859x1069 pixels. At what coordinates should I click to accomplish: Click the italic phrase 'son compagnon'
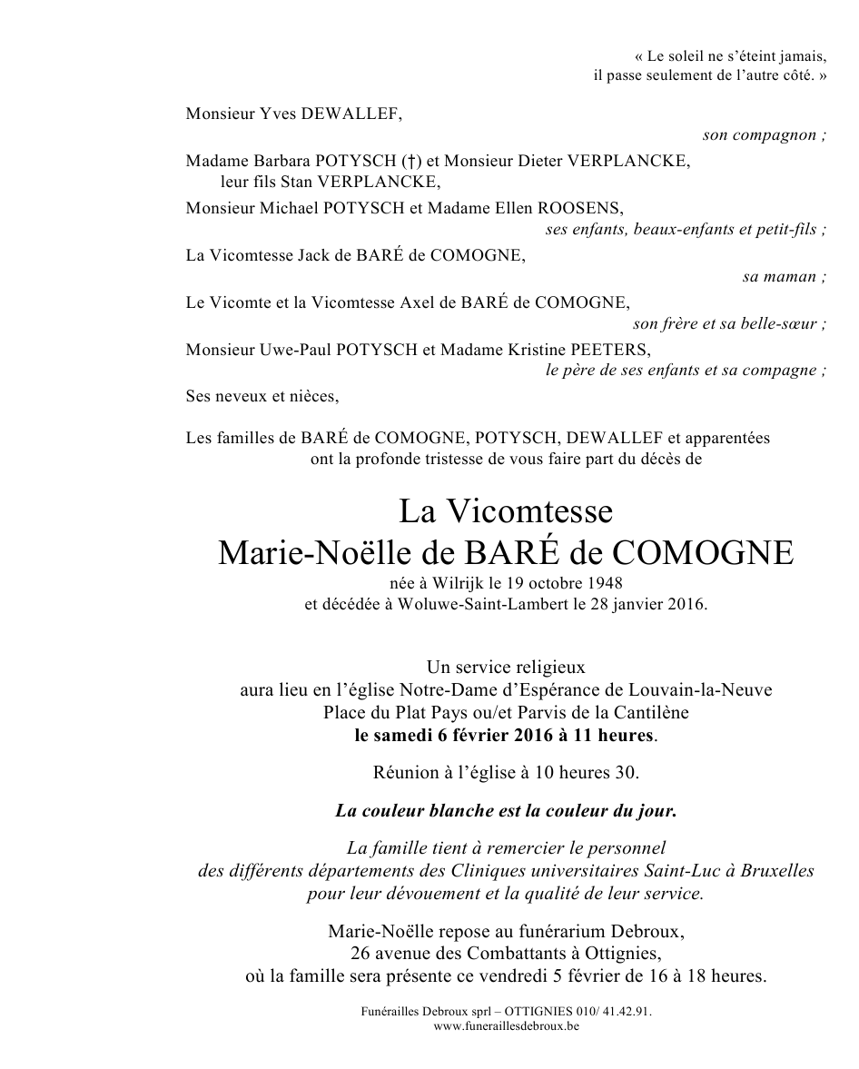click(x=760, y=135)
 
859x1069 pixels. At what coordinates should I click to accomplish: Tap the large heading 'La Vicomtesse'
click(x=506, y=512)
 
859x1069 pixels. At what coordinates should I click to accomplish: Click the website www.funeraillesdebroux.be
click(x=506, y=1026)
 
